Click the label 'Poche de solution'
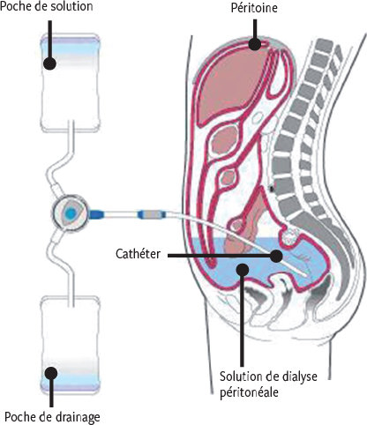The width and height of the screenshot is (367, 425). point(47,7)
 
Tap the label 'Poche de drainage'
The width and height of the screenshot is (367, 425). point(52,417)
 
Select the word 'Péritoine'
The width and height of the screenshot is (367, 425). point(254,8)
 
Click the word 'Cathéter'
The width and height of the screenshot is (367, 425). point(139,254)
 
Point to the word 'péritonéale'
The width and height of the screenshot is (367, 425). point(249,392)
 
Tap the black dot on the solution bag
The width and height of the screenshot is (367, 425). point(50,63)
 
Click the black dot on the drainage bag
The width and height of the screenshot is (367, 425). point(51,373)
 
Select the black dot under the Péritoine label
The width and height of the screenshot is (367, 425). point(255,44)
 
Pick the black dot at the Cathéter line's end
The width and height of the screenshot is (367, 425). point(276,256)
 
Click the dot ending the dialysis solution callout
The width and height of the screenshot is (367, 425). point(243,269)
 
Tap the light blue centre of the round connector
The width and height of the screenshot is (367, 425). point(71,212)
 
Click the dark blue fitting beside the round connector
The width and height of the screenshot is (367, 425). point(95,213)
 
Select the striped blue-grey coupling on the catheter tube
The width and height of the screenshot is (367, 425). point(151,214)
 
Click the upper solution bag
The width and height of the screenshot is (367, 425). point(71,83)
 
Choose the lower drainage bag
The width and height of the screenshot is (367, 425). point(71,344)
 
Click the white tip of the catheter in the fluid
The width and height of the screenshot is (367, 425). point(305,274)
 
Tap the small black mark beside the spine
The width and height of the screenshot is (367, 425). point(272,188)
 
